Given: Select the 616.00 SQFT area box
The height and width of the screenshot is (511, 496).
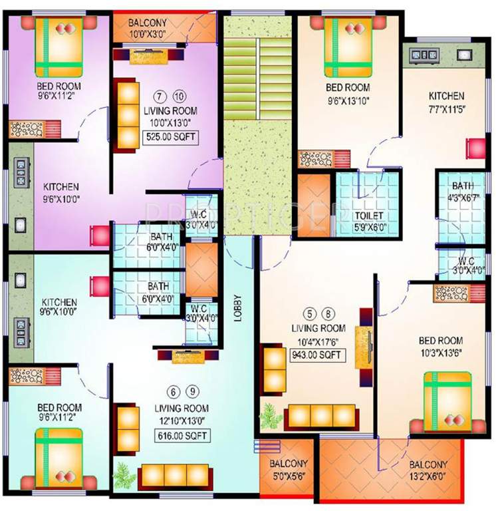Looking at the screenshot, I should pos(182,436).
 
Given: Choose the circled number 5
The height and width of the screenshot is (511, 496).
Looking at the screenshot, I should pos(308,311).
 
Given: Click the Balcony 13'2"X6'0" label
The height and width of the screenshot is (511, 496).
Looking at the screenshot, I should pos(428,470).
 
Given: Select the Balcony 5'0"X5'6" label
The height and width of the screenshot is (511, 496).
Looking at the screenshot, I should pos(288,470).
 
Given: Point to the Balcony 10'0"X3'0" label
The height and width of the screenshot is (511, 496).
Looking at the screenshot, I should pos(148,27).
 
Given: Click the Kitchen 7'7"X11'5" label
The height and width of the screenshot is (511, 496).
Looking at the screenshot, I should pos(445,102).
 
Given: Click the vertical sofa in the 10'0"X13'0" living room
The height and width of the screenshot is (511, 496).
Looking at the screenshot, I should pos(127,114).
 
